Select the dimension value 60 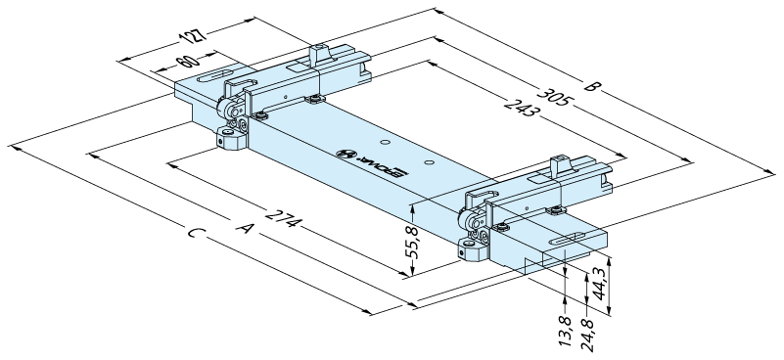click(x=188, y=63)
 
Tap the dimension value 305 click(x=554, y=97)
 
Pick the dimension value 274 click(x=283, y=219)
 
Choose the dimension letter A click(x=246, y=228)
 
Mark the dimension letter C click(x=196, y=233)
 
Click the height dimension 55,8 click(x=413, y=240)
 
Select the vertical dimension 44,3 click(x=599, y=283)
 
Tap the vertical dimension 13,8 click(x=566, y=332)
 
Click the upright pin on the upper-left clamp click(x=317, y=54)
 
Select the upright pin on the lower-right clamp click(x=558, y=166)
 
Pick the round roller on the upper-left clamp click(x=226, y=108)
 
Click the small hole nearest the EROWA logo click(x=385, y=143)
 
